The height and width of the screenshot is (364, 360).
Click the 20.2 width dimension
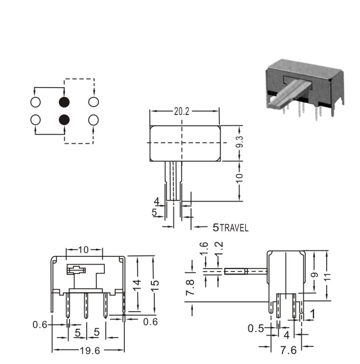[182, 112]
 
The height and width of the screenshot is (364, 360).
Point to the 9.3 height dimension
[240, 142]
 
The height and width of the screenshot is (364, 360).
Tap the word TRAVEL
[234, 228]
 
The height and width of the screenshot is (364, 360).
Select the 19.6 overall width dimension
[90, 351]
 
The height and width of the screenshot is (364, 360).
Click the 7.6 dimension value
[288, 350]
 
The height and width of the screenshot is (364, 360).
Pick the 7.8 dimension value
[190, 287]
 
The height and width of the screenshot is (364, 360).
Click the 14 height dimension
[137, 285]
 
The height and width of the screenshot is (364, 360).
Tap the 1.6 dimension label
[204, 248]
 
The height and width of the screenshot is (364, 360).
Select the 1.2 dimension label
[219, 248]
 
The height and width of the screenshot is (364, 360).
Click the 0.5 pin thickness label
[256, 328]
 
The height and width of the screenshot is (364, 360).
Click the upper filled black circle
[64, 102]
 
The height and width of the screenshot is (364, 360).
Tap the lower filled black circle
[64, 120]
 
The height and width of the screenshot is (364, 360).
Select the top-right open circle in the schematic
[94, 102]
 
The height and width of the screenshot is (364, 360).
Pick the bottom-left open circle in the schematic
[36, 120]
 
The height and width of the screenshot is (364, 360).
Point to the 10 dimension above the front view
[83, 250]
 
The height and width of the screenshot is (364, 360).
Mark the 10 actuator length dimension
[240, 178]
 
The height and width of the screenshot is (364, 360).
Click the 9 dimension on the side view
[314, 275]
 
